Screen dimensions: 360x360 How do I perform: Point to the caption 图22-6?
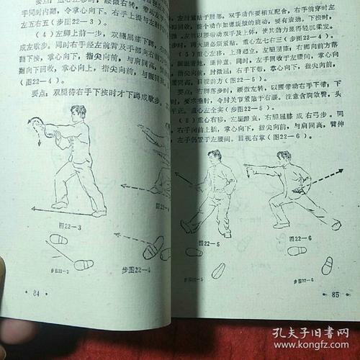[294, 237]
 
